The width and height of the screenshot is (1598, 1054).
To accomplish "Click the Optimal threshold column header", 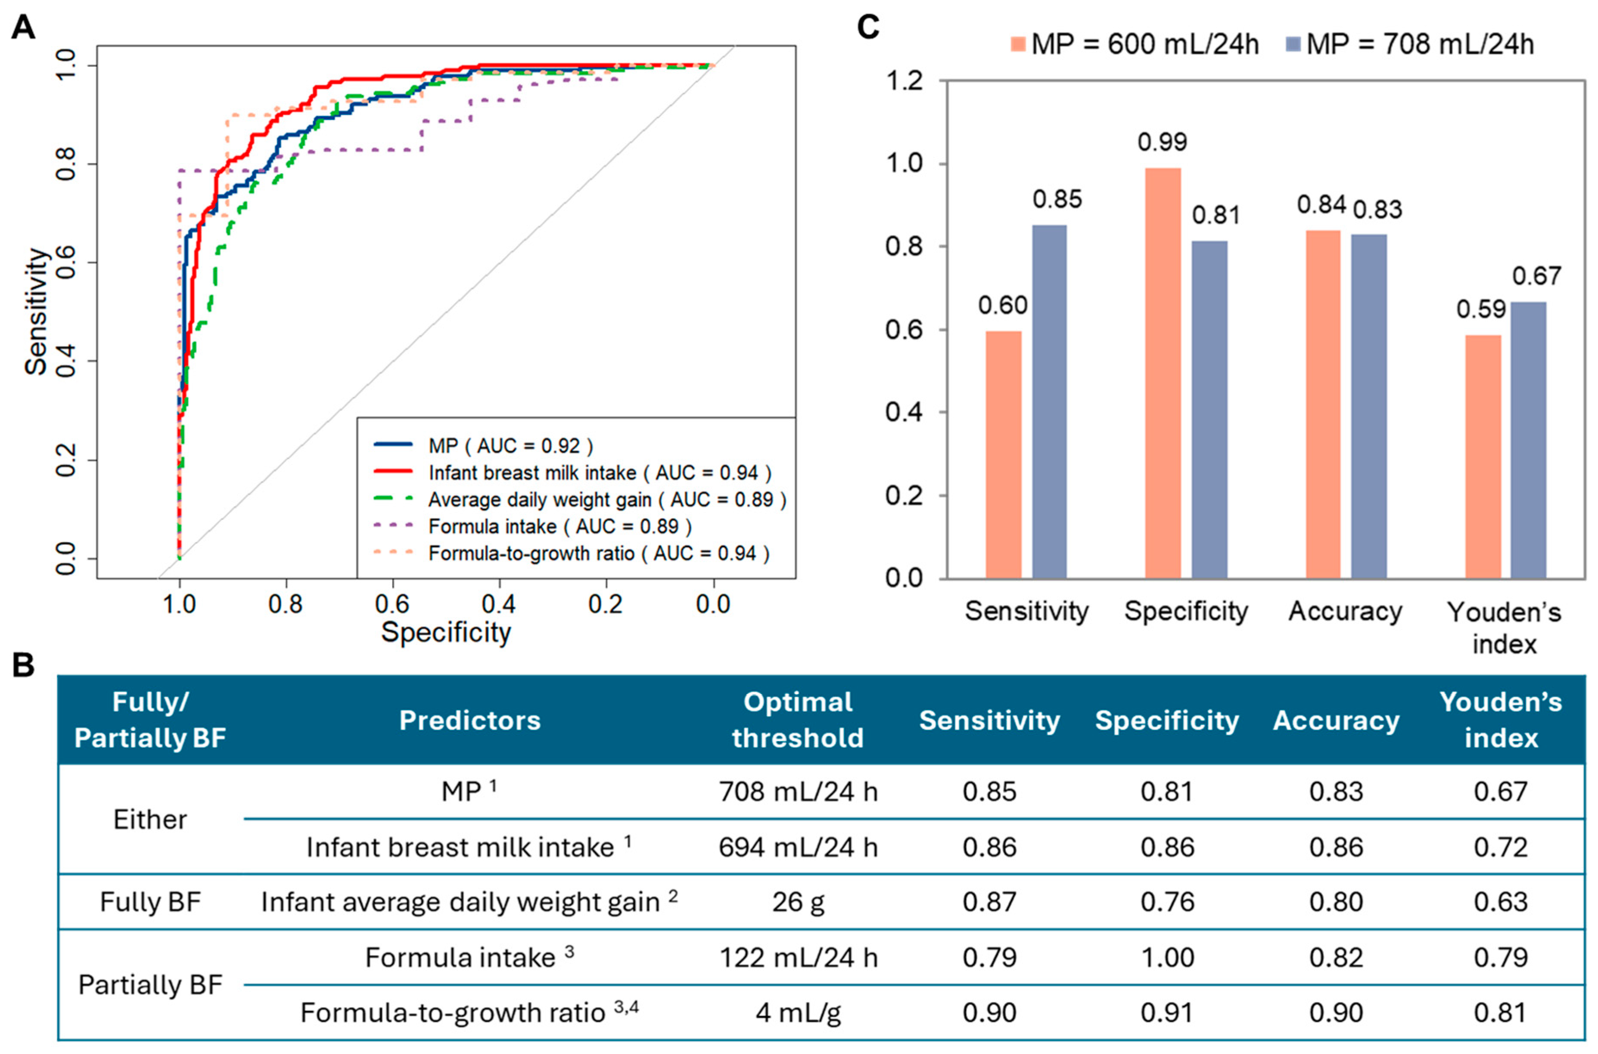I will click(x=798, y=720).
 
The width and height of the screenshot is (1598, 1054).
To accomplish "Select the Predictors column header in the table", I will click(x=469, y=720).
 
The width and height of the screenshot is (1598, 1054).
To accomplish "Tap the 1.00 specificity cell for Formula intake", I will click(x=1167, y=957).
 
